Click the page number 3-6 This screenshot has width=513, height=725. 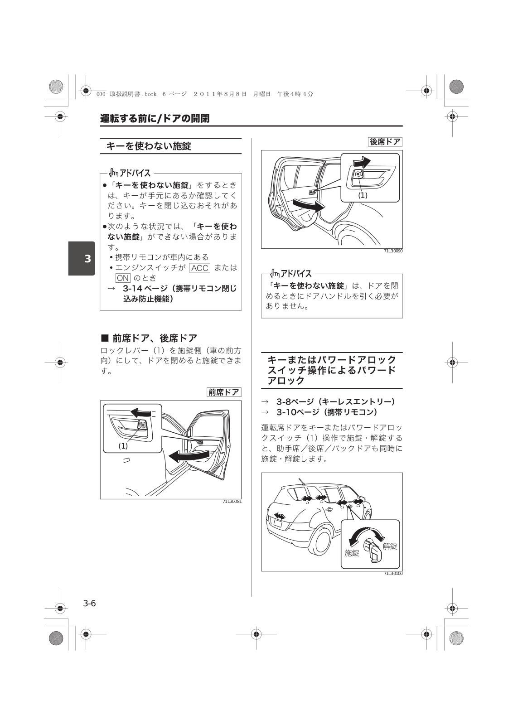tap(89, 604)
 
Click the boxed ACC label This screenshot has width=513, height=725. tap(199, 268)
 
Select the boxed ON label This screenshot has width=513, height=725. tap(123, 278)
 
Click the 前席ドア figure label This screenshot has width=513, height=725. tap(224, 392)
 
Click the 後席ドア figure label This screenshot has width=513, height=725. tap(385, 142)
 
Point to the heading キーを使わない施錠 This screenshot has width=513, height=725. tap(149, 146)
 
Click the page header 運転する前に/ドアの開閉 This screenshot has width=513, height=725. tap(155, 119)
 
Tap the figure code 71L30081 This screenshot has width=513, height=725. tap(232, 502)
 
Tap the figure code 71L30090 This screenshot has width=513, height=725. tap(393, 251)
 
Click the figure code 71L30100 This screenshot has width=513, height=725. tap(393, 574)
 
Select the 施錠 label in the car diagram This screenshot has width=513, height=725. tap(352, 553)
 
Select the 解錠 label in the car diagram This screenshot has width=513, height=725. tap(390, 546)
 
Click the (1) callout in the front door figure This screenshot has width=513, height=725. tap(123, 446)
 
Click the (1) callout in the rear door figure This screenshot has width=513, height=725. tap(363, 195)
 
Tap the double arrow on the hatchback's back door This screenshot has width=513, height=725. tap(280, 516)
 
